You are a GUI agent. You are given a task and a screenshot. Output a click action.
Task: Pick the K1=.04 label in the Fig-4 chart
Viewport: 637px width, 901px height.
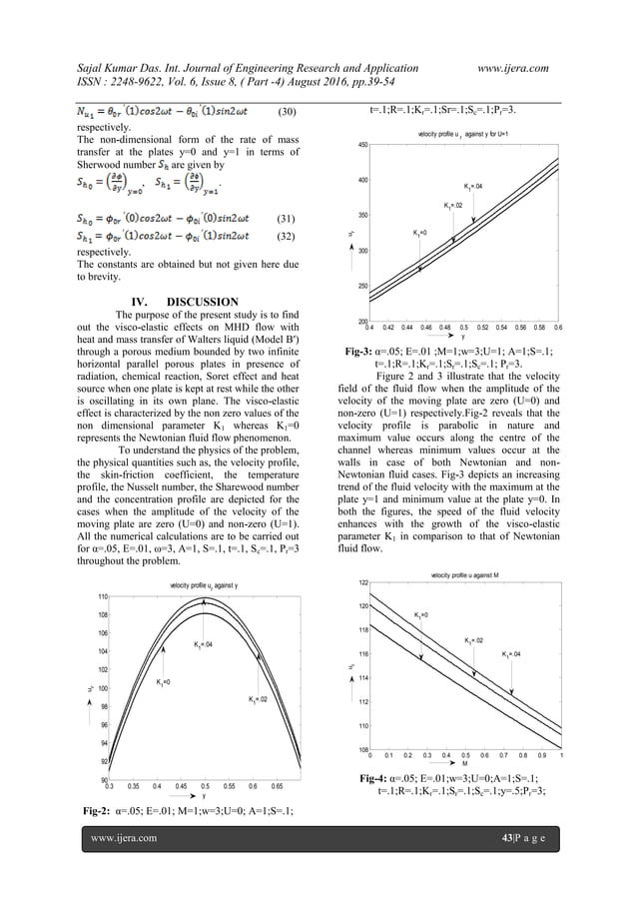coord(513,655)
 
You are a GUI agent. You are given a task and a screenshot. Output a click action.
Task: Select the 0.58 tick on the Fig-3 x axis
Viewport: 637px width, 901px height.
coord(539,327)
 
